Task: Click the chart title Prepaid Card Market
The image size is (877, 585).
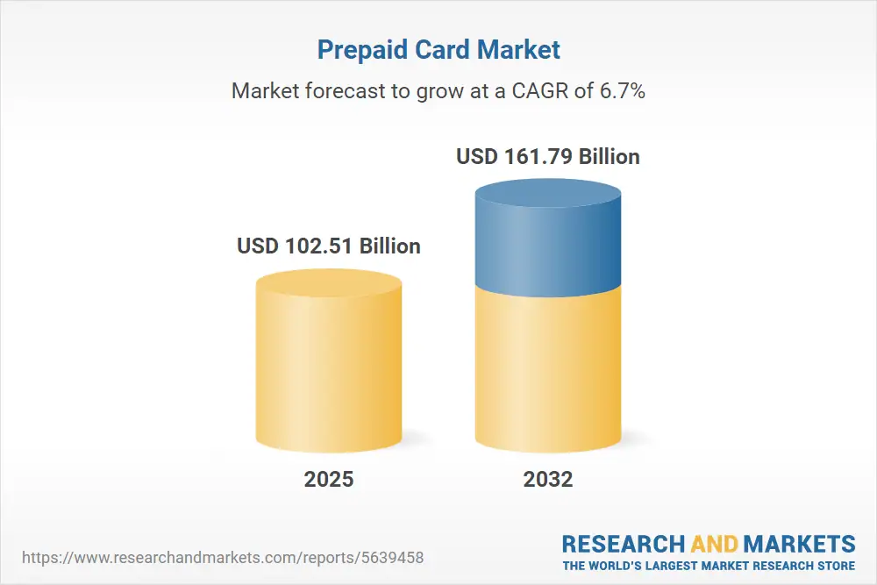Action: point(438,50)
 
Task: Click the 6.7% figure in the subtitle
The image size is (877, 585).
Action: point(622,90)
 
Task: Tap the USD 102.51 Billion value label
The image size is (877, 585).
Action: point(329,246)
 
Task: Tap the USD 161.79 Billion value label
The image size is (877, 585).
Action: point(548,157)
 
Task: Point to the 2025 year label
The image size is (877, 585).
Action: point(329,479)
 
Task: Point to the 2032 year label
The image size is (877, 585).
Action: point(548,479)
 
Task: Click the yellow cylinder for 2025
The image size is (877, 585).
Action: point(329,377)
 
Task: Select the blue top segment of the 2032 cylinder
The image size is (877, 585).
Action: point(548,246)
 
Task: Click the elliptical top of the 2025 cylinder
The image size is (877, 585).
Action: point(329,283)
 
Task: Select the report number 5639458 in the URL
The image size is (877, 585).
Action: point(396,557)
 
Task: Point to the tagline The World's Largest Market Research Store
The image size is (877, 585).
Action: point(709,566)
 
